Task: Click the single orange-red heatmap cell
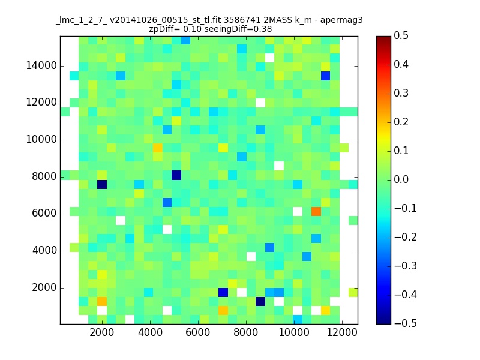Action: pyautogui.click(x=316, y=212)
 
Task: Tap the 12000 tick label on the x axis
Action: pyautogui.click(x=341, y=332)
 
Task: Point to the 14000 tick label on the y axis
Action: pyautogui.click(x=41, y=65)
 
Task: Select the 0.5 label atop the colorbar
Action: pyautogui.click(x=401, y=35)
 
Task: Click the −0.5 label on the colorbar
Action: pyautogui.click(x=406, y=323)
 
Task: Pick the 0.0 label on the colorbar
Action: pyautogui.click(x=401, y=179)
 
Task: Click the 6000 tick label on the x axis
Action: pyautogui.click(x=198, y=332)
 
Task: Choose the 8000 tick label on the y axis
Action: pyautogui.click(x=44, y=176)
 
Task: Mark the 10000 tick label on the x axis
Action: pyautogui.click(x=294, y=332)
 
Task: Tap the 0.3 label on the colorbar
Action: pyautogui.click(x=401, y=93)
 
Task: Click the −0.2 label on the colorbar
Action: pyautogui.click(x=406, y=237)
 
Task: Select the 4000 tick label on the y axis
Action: pyautogui.click(x=44, y=251)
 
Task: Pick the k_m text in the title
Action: pyautogui.click(x=304, y=20)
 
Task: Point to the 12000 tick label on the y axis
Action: pyautogui.click(x=41, y=102)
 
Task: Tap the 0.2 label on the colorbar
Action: pyautogui.click(x=401, y=122)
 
